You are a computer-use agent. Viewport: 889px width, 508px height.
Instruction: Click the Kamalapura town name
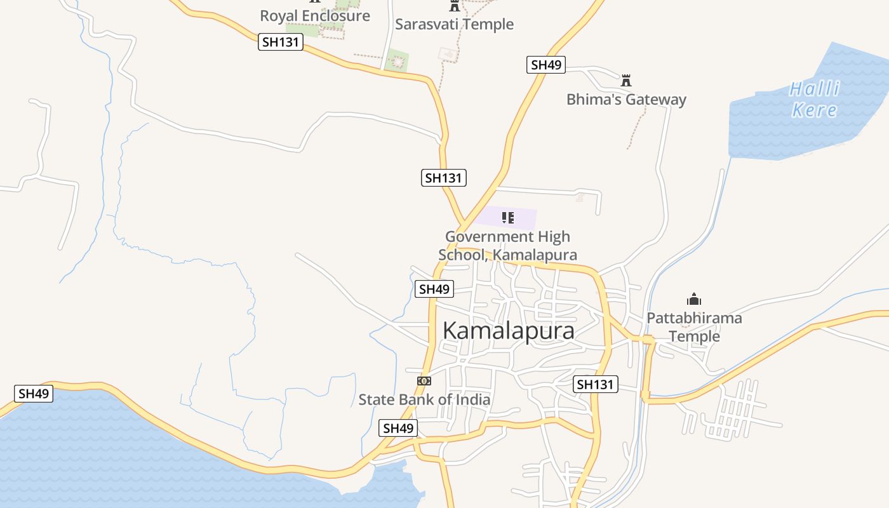point(508,331)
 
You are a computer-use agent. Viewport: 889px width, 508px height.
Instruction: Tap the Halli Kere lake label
point(814,99)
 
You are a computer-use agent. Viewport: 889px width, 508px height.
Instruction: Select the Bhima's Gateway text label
point(626,100)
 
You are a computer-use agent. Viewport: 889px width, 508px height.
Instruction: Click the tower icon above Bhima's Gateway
point(626,80)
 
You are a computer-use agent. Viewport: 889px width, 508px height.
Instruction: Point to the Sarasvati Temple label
point(454,24)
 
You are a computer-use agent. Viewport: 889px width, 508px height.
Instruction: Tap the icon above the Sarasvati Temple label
point(454,6)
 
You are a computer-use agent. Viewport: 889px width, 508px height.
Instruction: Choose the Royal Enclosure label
point(315,16)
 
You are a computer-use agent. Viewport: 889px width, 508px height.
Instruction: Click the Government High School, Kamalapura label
point(507,246)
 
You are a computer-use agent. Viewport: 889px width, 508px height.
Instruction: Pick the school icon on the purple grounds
point(507,218)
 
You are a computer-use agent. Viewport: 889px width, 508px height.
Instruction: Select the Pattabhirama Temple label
point(694,326)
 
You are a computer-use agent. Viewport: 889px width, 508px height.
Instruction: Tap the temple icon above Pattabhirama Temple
point(694,299)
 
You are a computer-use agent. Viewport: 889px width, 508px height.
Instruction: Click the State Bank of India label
point(424,399)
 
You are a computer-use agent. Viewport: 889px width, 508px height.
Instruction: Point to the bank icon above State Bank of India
point(424,380)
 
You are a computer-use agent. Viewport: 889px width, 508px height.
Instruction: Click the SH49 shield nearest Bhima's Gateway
point(546,65)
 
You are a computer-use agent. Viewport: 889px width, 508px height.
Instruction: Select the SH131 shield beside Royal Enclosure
point(281,43)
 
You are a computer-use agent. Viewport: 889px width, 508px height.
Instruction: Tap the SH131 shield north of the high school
point(444,178)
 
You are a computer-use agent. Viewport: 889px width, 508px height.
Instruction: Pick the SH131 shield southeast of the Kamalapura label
point(596,384)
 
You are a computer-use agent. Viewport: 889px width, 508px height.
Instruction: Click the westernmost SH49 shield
point(34,394)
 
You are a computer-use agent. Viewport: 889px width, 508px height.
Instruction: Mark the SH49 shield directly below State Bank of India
point(398,428)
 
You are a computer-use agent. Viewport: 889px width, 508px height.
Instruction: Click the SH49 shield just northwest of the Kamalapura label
point(434,290)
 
